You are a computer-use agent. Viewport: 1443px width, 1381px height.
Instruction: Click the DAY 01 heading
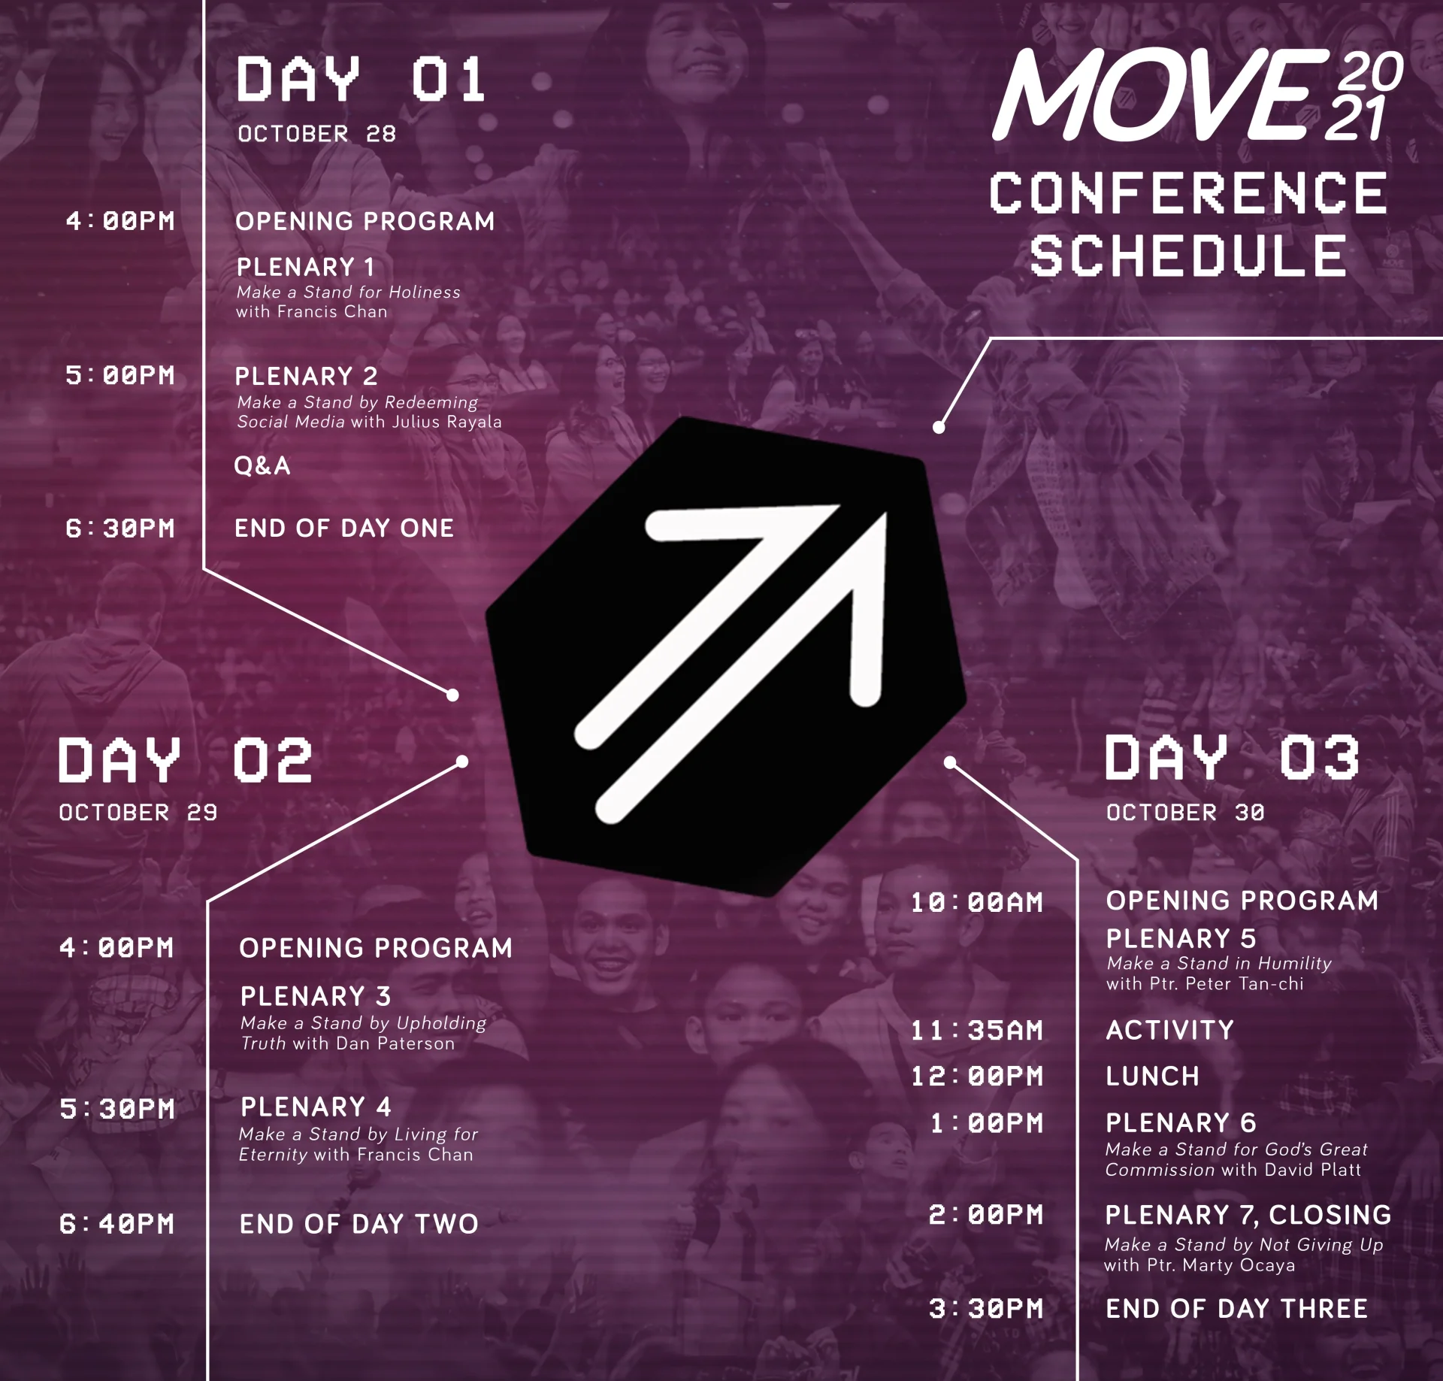(361, 79)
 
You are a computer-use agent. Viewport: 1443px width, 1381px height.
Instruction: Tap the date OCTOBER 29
(138, 813)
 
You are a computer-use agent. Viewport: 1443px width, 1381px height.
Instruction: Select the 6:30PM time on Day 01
(120, 528)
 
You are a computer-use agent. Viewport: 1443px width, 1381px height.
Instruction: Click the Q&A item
(262, 466)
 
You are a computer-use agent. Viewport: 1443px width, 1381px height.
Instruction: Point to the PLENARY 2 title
(307, 376)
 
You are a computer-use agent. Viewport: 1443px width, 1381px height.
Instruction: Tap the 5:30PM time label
(117, 1109)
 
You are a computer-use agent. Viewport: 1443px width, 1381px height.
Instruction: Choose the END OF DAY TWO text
(358, 1225)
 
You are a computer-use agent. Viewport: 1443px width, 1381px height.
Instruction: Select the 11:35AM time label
(977, 1031)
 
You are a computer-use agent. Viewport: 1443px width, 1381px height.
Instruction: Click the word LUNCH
(1152, 1077)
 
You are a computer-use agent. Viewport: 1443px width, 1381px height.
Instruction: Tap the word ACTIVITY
(1169, 1030)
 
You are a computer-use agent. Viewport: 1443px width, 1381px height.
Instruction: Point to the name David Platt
(1313, 1170)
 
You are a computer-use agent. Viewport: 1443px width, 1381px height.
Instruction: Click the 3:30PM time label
(986, 1309)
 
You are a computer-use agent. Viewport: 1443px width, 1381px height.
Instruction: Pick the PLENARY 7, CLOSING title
(1248, 1215)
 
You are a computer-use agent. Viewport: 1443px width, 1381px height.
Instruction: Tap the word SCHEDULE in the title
(1187, 256)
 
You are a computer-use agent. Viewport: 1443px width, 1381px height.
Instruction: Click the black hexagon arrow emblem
(726, 656)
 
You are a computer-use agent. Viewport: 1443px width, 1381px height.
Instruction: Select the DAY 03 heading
(1233, 757)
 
